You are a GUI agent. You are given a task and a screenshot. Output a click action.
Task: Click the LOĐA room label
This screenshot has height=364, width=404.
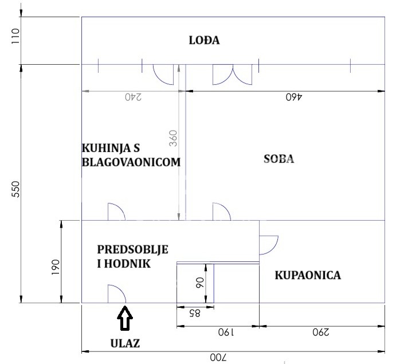click(205, 41)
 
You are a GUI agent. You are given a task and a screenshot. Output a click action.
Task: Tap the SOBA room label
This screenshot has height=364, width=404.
click(279, 159)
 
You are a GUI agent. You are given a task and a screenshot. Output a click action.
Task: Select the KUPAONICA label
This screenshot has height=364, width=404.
click(308, 275)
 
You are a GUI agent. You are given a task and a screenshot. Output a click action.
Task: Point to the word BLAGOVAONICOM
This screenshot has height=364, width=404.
click(131, 162)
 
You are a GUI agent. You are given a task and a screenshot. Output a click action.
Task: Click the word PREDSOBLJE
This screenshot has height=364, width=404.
click(132, 250)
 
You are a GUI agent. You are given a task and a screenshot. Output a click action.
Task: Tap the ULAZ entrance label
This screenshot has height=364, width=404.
click(125, 344)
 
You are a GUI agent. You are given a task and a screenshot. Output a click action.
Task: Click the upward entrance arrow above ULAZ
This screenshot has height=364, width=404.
click(125, 319)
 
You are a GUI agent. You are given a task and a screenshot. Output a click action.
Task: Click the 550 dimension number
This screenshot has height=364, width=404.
click(15, 190)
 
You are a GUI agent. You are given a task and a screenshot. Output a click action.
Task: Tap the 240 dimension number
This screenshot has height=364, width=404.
click(133, 97)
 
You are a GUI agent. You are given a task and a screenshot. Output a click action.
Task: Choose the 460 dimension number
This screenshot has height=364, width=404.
click(293, 97)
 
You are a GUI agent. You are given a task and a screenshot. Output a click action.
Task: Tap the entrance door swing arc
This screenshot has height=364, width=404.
click(116, 293)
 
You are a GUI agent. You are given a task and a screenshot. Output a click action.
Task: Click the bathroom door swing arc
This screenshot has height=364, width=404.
click(269, 245)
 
